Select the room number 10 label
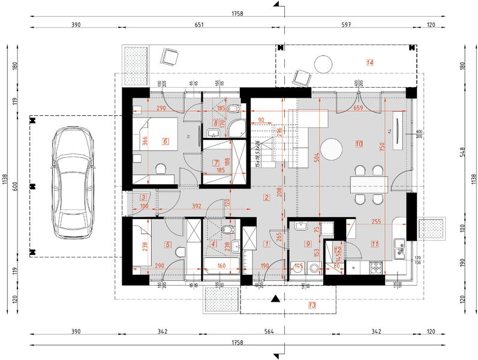pyautogui.click(x=359, y=144)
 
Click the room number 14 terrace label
pyautogui.click(x=369, y=62)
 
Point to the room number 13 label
pyautogui.click(x=312, y=305)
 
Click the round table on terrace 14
pyautogui.click(x=324, y=64)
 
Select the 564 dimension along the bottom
pyautogui.click(x=269, y=332)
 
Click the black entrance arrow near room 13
pyautogui.click(x=275, y=298)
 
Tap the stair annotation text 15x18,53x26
pyautogui.click(x=257, y=154)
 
